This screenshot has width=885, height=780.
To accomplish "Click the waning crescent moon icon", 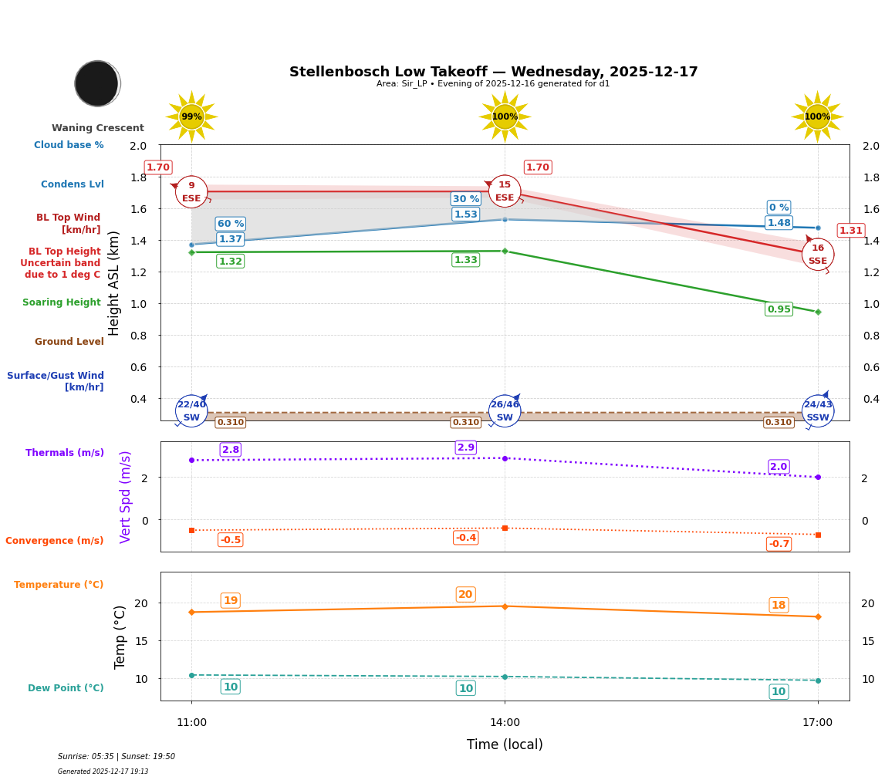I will [97, 83].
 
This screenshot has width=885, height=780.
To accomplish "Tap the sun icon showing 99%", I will [191, 116].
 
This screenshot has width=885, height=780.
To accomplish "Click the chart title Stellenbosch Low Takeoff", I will [493, 72].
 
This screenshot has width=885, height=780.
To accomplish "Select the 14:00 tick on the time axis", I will [505, 722].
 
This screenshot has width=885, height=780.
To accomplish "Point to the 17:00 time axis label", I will [817, 722].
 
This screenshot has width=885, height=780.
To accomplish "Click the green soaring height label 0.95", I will [779, 309].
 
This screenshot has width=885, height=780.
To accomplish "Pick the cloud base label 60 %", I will [230, 224].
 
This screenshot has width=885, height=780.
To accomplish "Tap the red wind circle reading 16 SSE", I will [817, 255].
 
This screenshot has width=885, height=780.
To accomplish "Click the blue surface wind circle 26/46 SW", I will [505, 410].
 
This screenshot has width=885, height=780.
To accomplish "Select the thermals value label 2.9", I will [466, 447].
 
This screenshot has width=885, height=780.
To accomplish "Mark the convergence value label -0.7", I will [779, 544].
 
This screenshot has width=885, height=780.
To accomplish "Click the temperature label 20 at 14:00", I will [465, 594].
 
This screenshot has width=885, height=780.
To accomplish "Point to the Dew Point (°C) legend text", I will [66, 688].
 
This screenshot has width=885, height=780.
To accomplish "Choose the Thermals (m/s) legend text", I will [65, 453].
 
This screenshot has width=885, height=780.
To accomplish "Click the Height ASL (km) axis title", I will [114, 282].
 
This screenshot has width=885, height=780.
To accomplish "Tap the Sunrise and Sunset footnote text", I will [117, 757].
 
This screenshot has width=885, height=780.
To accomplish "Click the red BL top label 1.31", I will [850, 231].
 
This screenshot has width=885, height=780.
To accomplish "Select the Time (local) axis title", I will [505, 745].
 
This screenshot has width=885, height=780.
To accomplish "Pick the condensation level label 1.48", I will [779, 223].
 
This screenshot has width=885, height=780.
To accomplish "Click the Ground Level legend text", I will [69, 342].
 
